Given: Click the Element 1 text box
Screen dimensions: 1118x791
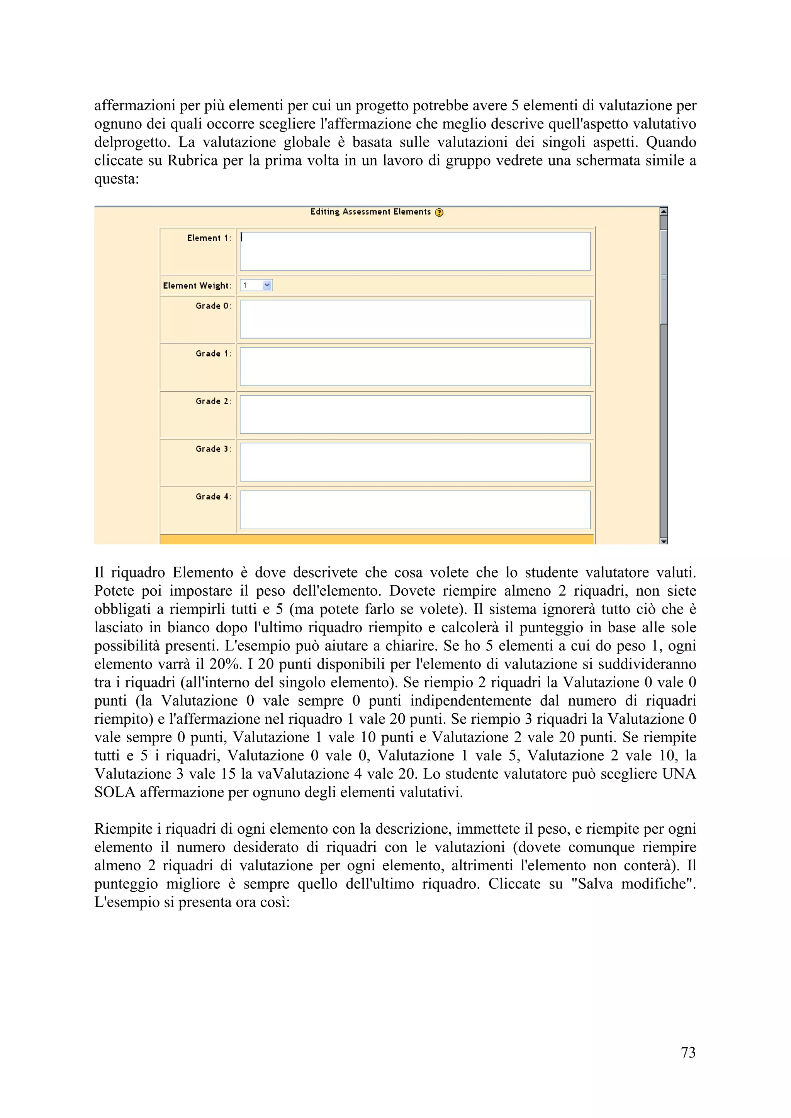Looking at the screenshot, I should (x=415, y=251).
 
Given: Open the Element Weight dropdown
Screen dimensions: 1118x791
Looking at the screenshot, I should (x=266, y=285).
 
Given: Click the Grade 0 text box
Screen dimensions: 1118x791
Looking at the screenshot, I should (x=415, y=319).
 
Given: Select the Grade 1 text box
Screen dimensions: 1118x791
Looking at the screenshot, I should (x=415, y=366).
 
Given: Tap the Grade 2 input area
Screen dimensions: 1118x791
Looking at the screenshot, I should (x=415, y=414).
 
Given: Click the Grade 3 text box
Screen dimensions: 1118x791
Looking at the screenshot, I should (x=415, y=462).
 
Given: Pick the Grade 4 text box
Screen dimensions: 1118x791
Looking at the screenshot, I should (x=415, y=510).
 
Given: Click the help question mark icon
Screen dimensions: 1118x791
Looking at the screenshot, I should (x=439, y=212).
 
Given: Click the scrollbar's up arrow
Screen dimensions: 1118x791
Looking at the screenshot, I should (x=663, y=211).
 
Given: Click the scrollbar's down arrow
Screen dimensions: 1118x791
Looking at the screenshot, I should (x=663, y=541).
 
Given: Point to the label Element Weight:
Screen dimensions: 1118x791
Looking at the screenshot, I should (x=197, y=286).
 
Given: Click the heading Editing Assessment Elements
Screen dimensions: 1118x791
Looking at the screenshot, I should (x=370, y=212).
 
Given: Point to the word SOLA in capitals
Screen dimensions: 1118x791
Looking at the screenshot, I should (x=115, y=792).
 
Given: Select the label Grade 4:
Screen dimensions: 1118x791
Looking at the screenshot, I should (x=213, y=497).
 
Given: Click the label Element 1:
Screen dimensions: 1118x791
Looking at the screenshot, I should (x=209, y=238).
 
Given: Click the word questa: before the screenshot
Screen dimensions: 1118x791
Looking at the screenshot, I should (x=117, y=179).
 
